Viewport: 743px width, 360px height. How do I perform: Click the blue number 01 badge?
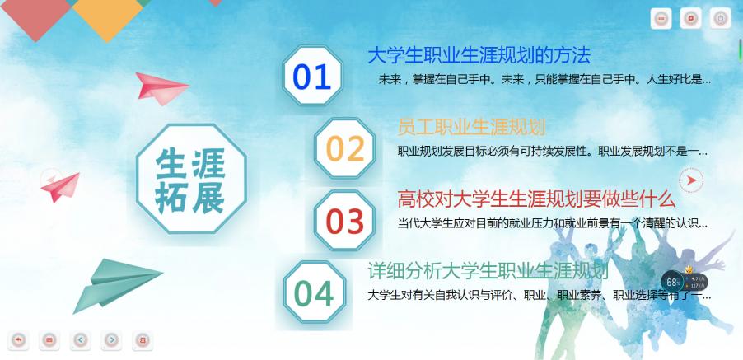[x=312, y=77]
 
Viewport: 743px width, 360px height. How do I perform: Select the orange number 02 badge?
[x=345, y=148]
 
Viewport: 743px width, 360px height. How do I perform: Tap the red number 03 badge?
[x=344, y=221]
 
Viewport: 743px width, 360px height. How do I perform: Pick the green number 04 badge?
[x=314, y=293]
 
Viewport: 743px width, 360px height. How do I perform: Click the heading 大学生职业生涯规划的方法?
[x=479, y=56]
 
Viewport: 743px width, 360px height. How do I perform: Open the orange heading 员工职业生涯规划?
[x=471, y=127]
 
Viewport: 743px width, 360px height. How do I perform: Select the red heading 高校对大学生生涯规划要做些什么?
[x=536, y=199]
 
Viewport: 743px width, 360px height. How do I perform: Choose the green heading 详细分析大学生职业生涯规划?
[x=488, y=271]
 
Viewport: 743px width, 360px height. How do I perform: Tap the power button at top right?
[x=719, y=18]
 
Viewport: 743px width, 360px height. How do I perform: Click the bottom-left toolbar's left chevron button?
[x=80, y=339]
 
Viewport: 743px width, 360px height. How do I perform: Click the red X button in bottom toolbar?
[x=142, y=339]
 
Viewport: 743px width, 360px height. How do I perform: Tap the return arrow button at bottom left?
[x=18, y=339]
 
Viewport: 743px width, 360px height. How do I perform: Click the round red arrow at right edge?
[x=691, y=180]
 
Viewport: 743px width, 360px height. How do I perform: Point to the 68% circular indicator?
[x=672, y=281]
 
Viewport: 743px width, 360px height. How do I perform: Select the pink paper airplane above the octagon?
[x=161, y=86]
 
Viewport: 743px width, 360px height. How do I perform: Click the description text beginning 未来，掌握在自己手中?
[x=544, y=80]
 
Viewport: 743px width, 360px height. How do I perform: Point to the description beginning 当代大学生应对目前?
[x=552, y=222]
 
